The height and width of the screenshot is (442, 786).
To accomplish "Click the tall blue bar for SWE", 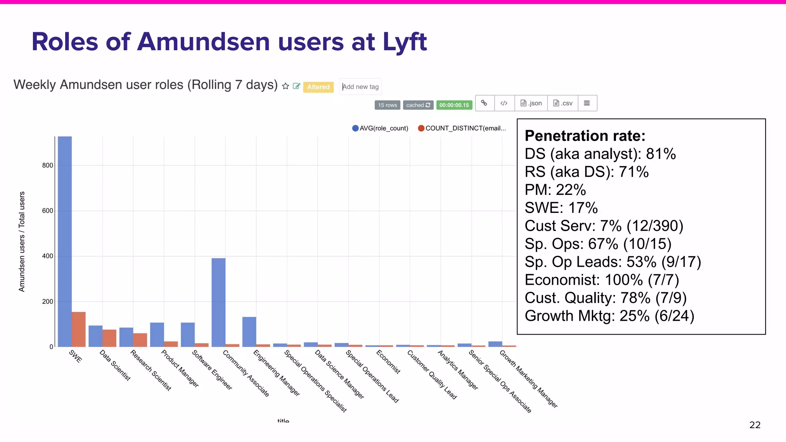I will click(x=64, y=242).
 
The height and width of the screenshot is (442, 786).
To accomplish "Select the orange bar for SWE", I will click(x=79, y=329).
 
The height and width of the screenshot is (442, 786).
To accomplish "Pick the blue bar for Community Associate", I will click(x=218, y=302).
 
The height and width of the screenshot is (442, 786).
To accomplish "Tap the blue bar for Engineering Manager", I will click(x=249, y=331).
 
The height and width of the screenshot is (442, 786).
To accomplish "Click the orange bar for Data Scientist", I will click(x=109, y=338).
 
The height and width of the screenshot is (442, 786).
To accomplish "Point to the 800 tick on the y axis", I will click(x=48, y=165).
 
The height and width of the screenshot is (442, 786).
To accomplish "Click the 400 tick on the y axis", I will click(x=48, y=256).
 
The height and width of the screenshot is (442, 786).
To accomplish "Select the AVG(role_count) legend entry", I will click(x=380, y=128).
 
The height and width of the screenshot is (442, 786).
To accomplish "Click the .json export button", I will click(x=531, y=103).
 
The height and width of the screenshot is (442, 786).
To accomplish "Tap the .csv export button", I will click(x=563, y=103).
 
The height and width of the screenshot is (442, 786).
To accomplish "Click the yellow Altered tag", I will click(x=318, y=87).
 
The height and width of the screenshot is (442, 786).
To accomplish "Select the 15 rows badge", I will click(x=387, y=105).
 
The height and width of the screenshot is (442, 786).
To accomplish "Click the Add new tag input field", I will click(x=361, y=87).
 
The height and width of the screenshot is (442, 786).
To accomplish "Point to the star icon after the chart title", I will click(x=285, y=86).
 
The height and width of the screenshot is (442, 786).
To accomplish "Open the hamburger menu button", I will click(x=587, y=103).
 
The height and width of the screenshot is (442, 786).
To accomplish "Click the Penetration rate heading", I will click(x=585, y=136).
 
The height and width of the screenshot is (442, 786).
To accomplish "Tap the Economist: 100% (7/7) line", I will click(x=602, y=280).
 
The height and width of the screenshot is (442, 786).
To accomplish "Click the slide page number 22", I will click(x=755, y=425).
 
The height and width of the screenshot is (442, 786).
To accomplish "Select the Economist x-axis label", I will click(x=388, y=361).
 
